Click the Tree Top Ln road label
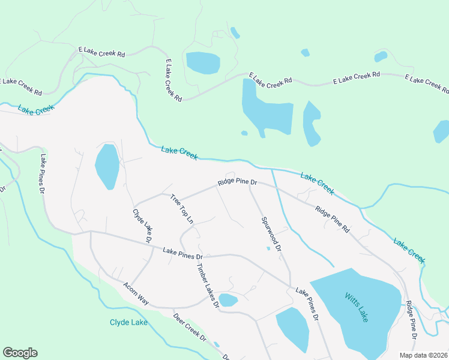[182, 209]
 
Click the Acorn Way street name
[135, 293]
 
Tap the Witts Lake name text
[356, 307]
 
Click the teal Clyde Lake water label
[128, 322]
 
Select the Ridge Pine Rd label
[333, 219]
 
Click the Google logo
[20, 353]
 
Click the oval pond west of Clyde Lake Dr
[107, 166]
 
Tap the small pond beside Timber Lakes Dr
[228, 299]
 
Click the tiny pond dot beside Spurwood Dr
[268, 248]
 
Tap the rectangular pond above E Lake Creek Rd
[202, 62]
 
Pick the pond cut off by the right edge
[442, 131]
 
